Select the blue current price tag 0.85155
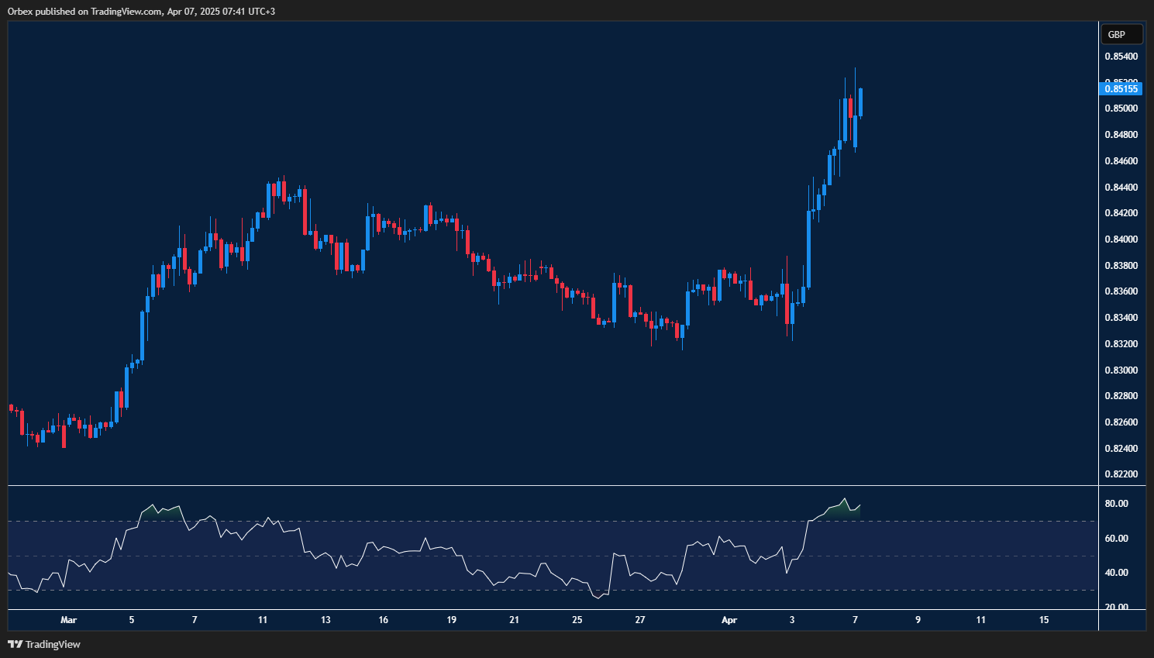(1121, 88)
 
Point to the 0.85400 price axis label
(1121, 57)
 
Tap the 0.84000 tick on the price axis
(1121, 239)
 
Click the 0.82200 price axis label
(1121, 474)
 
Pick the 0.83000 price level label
(1121, 370)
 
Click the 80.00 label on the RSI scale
(1116, 504)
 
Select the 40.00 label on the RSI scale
(1116, 573)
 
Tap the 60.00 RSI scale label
(1116, 539)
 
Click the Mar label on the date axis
(69, 620)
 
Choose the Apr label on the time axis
(729, 620)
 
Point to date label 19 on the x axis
(452, 620)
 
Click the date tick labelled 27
(640, 620)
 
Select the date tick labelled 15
(1044, 620)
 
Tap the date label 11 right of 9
(981, 620)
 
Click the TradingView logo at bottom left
(44, 644)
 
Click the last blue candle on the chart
(861, 102)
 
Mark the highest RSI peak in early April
(845, 499)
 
